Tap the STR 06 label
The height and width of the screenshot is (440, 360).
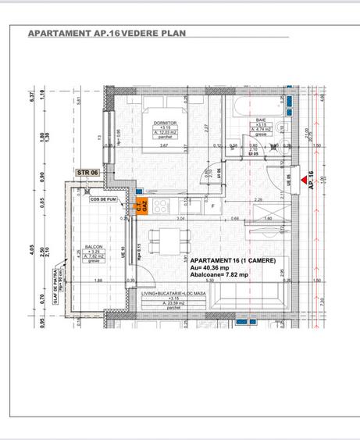87,172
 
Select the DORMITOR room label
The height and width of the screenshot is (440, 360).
165,123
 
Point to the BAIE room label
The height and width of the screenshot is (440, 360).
261,120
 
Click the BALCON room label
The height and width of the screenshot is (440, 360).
94,245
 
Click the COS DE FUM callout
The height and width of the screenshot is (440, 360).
103,199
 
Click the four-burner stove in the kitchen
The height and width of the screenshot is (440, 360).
162,206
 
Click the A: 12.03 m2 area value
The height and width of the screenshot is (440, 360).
165,133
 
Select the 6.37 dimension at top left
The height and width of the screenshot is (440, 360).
33,96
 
